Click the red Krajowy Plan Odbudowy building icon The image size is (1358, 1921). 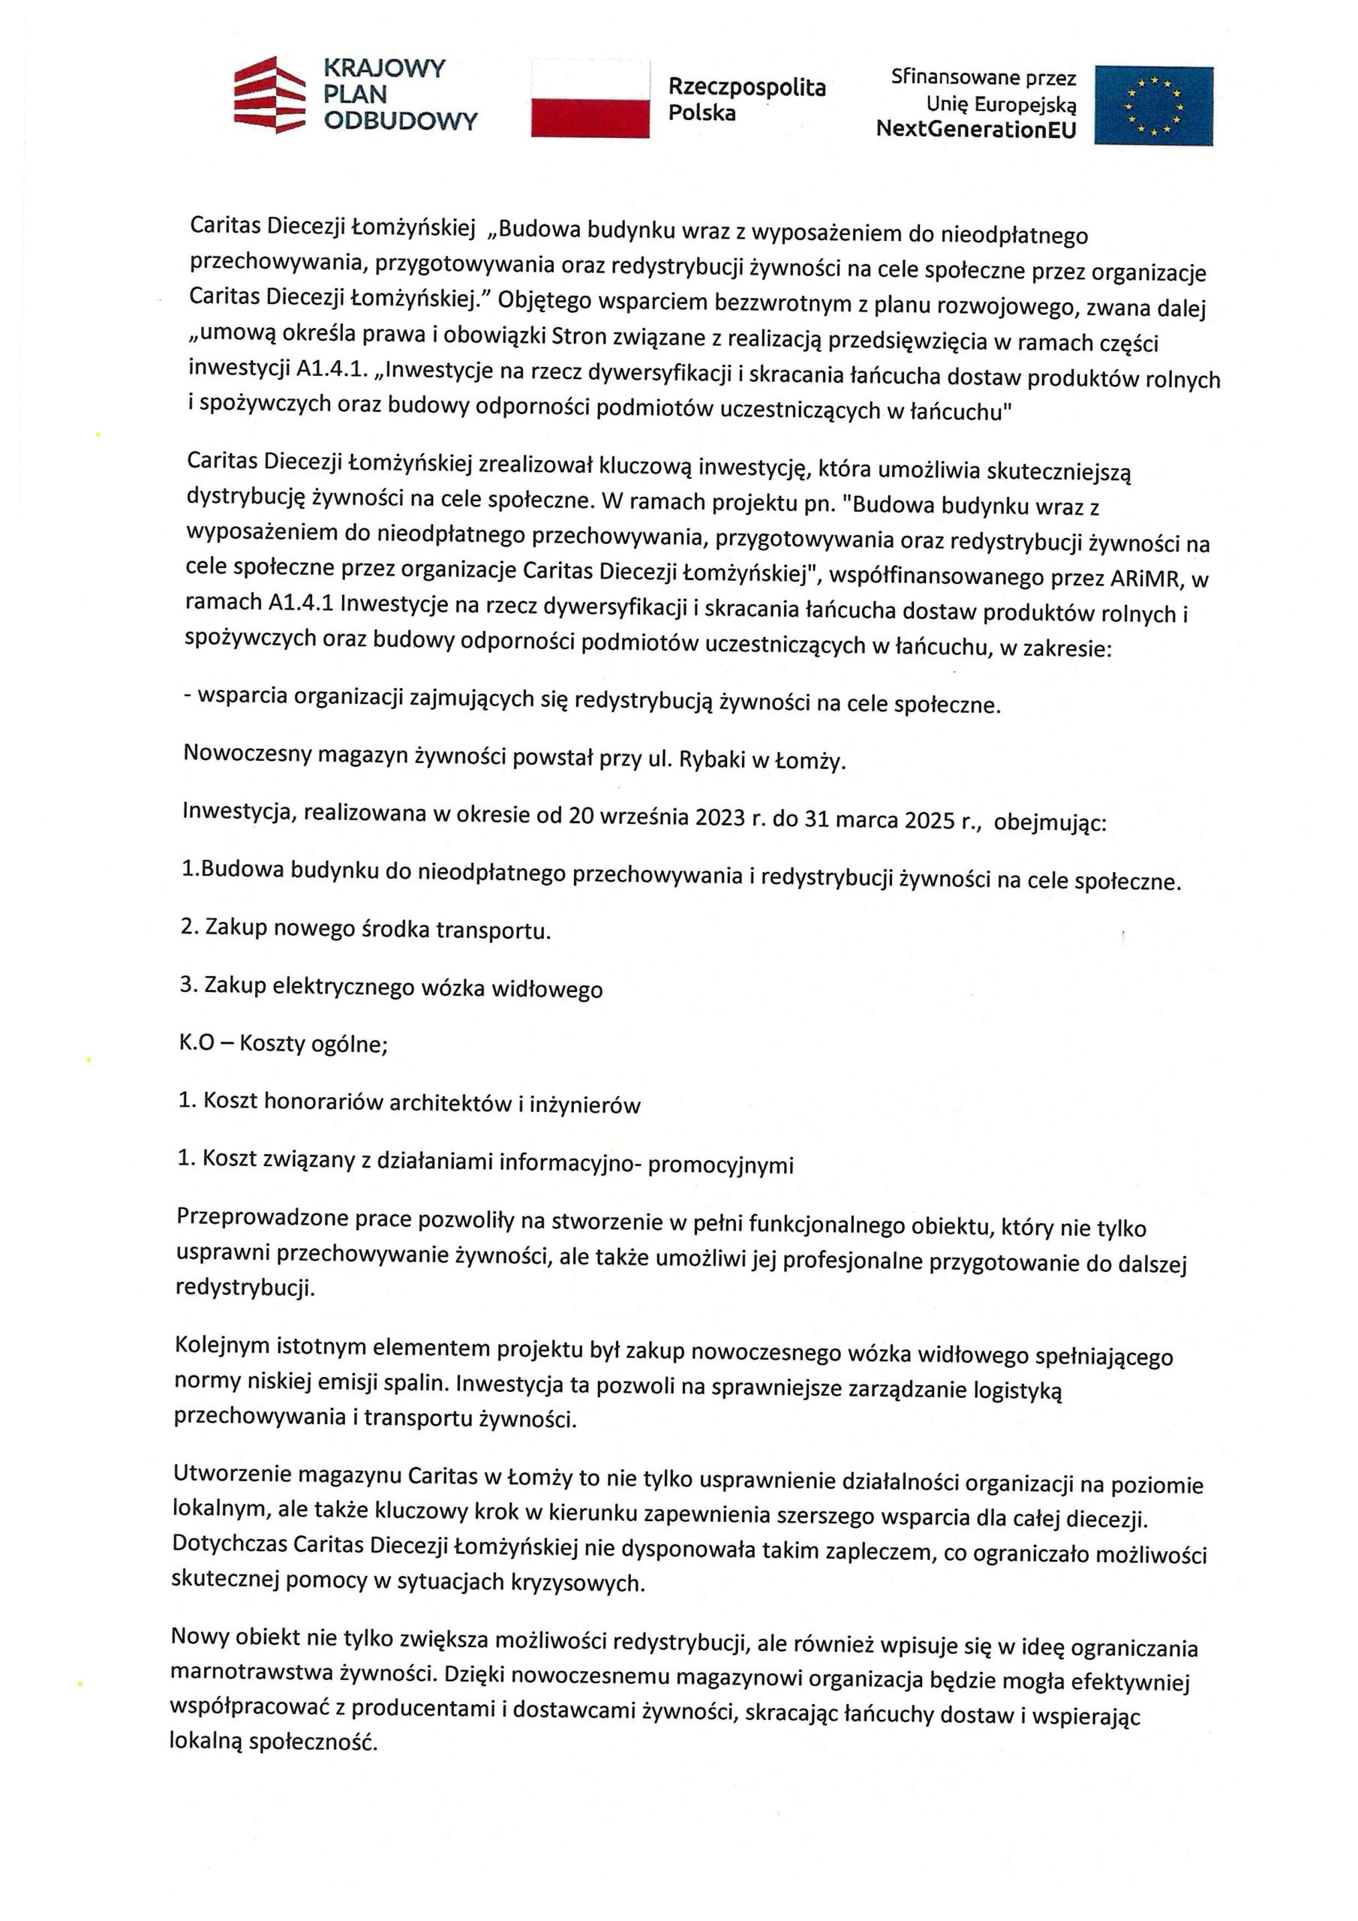269,95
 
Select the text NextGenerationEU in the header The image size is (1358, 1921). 975,131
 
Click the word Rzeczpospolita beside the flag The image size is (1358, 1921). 747,88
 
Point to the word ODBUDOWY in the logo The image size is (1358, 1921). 400,122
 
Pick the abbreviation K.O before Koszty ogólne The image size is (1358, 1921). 197,1043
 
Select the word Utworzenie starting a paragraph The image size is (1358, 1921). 232,1473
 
